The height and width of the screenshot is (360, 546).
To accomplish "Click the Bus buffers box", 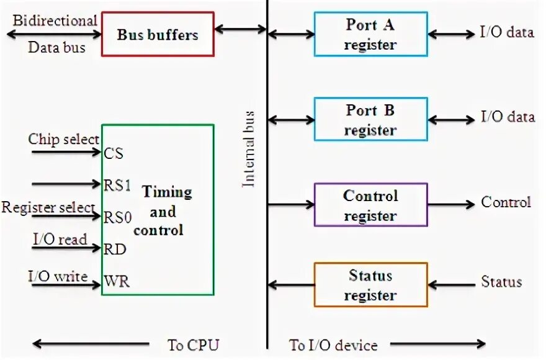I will click(x=158, y=34).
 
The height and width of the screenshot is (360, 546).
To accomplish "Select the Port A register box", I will click(x=370, y=34).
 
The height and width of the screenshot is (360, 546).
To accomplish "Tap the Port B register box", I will click(x=370, y=119).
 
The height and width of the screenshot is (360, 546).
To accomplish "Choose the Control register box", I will click(x=370, y=205).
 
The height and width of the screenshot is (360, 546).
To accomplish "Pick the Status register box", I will click(x=370, y=285).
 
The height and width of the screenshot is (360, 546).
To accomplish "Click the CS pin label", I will click(x=113, y=152).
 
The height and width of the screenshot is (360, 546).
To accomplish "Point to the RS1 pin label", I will click(x=117, y=184).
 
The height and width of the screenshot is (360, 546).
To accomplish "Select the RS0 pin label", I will click(x=117, y=217).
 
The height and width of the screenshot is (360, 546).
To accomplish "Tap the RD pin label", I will click(x=115, y=250).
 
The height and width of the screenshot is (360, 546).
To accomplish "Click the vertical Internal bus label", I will click(x=249, y=149).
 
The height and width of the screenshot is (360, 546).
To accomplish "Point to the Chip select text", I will click(x=63, y=139).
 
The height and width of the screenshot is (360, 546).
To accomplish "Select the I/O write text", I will click(x=58, y=275).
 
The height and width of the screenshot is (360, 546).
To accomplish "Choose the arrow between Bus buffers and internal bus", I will click(x=241, y=28).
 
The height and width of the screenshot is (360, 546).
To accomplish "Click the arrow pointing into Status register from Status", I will click(x=451, y=285).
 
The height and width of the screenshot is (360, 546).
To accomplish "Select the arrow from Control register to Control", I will click(x=451, y=204).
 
